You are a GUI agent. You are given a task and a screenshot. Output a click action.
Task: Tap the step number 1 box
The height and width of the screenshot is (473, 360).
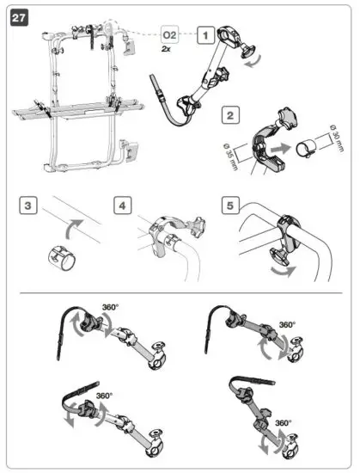[x=205, y=35]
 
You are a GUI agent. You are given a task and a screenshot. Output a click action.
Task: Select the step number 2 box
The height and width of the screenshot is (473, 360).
[x=229, y=114]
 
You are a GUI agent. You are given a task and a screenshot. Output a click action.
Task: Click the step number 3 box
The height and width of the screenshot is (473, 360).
[x=29, y=206]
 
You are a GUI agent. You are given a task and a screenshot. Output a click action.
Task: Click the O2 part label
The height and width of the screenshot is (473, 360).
[x=170, y=35]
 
